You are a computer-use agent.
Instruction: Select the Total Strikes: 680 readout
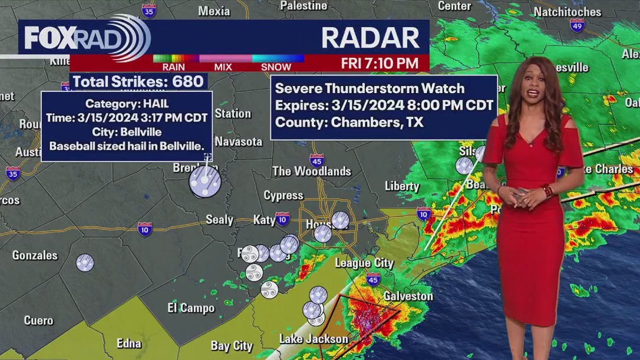137,81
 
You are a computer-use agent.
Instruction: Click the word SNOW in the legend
276,67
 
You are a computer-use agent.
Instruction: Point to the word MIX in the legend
223,67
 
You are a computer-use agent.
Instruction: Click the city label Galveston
408,296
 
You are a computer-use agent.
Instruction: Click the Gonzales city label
35,255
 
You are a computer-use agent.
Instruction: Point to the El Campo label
191,308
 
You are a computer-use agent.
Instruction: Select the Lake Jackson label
314,339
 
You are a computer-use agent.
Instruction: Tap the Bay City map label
232,345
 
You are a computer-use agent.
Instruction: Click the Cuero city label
38,321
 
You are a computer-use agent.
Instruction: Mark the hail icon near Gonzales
85,262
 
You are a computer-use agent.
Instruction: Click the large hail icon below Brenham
205,182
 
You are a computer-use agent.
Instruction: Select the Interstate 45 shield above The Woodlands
316,160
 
